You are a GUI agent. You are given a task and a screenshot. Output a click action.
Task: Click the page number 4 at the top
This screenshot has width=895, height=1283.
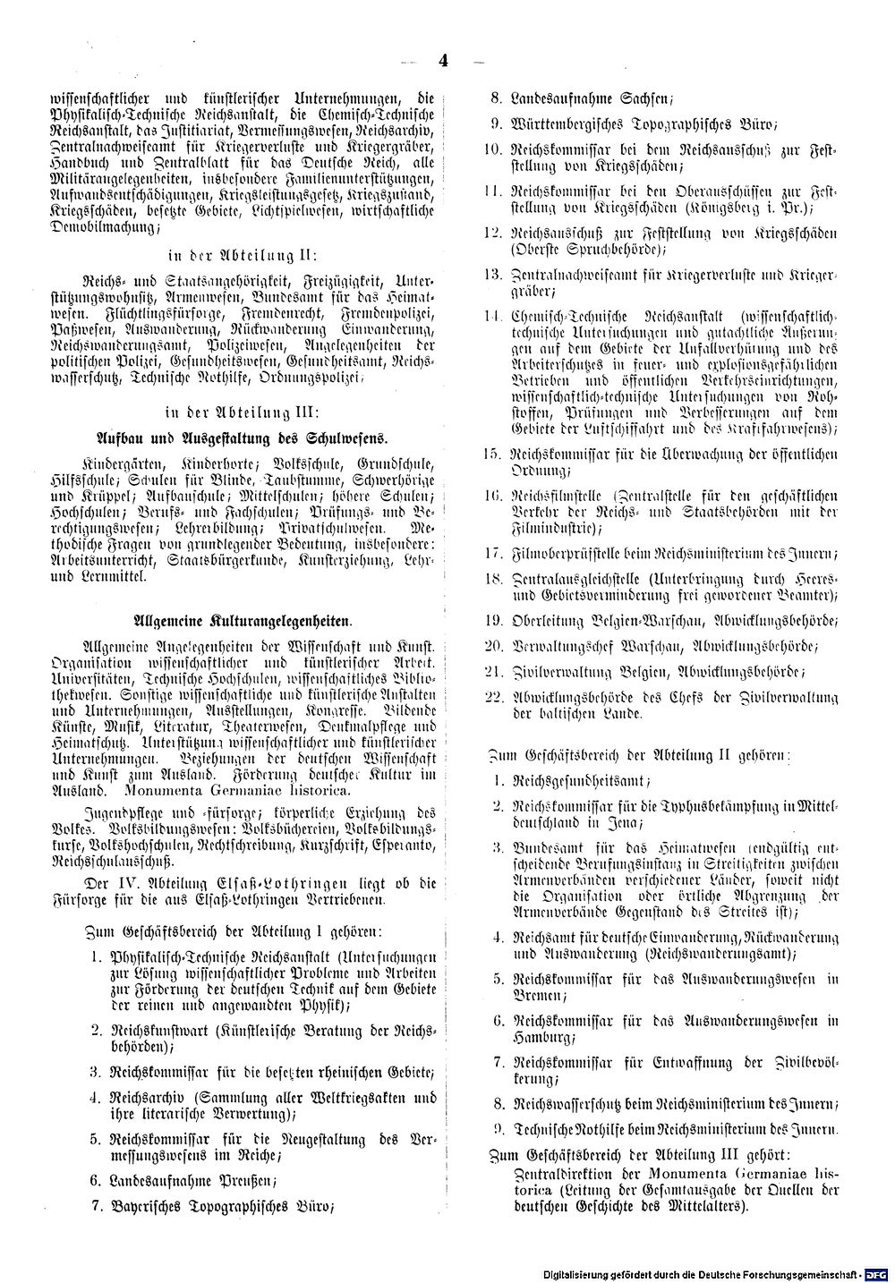click(x=443, y=62)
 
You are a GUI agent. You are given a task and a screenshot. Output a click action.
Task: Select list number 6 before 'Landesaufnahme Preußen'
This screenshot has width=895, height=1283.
click(x=95, y=1179)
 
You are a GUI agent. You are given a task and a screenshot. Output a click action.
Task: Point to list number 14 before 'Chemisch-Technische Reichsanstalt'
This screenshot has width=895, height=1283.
click(x=489, y=316)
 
